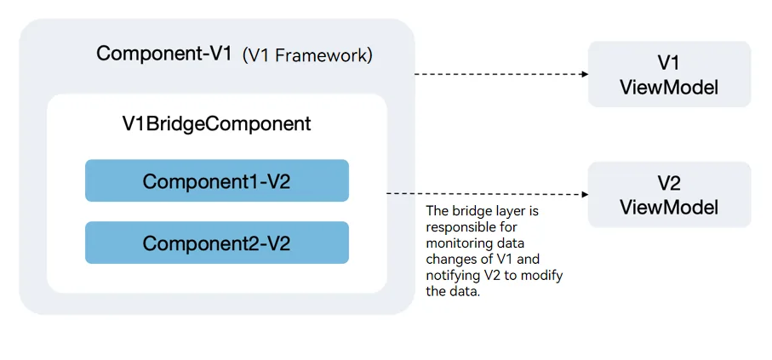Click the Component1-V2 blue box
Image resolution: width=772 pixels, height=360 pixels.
coord(217,180)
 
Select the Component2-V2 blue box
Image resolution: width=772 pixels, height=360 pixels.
coord(217,243)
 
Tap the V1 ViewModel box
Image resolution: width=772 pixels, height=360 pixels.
coord(669,74)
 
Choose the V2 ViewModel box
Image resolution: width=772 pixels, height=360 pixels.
coord(669,195)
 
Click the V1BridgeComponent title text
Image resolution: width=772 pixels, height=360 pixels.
coord(217,123)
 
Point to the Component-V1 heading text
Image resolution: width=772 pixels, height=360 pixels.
coord(164,53)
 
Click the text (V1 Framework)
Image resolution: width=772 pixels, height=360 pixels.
coord(308,55)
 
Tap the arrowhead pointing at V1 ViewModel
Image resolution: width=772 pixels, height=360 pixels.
coord(586,74)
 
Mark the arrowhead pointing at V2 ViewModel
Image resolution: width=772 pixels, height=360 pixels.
coord(586,195)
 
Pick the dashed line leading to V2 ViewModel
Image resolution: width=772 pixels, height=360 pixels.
coord(488,194)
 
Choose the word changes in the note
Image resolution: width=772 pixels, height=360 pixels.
coord(448,260)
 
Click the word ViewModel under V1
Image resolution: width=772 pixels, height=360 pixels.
coord(669,88)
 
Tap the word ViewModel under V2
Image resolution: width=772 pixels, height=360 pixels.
coord(669,208)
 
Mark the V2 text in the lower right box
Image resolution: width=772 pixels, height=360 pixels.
coord(669,183)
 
